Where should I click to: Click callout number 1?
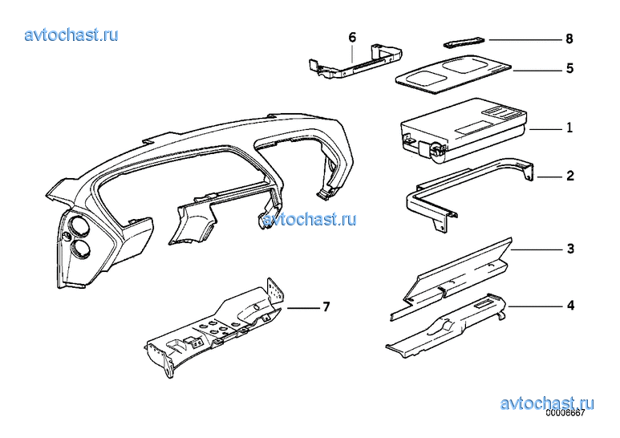[x=569, y=128]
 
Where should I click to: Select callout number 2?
[x=569, y=176]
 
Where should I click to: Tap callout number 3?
[x=570, y=249]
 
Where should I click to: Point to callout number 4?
[x=570, y=305]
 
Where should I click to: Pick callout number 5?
[x=569, y=68]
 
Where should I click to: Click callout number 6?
[x=352, y=37]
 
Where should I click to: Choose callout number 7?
[x=326, y=306]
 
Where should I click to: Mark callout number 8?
[x=569, y=39]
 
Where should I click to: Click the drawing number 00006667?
[x=565, y=413]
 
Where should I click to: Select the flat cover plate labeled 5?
[x=453, y=74]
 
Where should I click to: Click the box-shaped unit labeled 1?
[x=464, y=130]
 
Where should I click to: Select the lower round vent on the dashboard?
[x=81, y=247]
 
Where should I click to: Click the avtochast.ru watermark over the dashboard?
[x=310, y=219]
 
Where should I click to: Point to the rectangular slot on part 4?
[x=483, y=304]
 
